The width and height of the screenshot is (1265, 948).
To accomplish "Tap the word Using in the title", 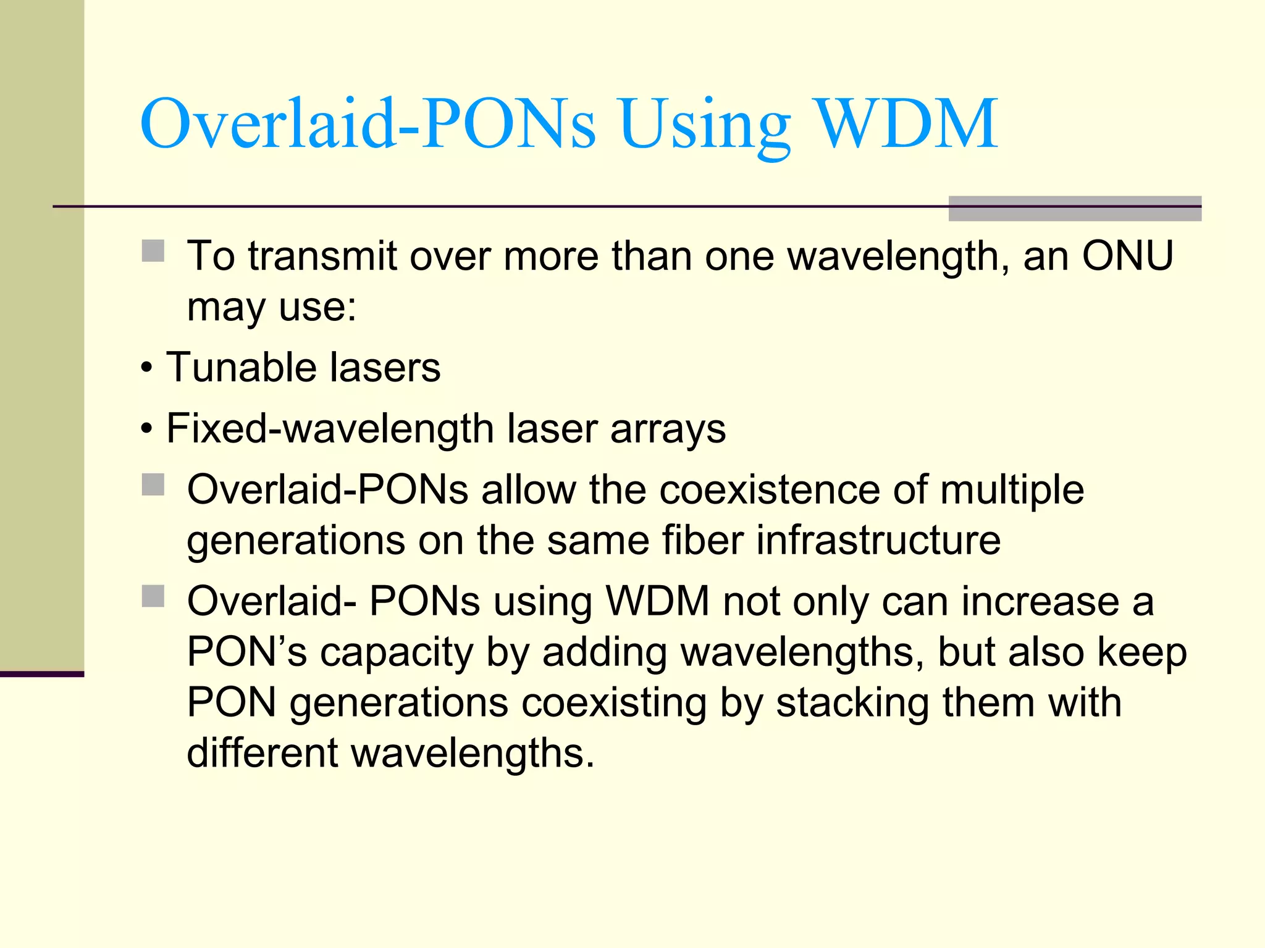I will click(x=704, y=127).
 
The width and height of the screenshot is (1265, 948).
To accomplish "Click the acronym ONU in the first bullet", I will click(x=1127, y=256).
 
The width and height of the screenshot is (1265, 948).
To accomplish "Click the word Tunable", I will click(x=241, y=367).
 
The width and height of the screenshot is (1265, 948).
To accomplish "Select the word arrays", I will click(x=668, y=430).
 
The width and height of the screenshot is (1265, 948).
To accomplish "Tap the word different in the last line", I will click(x=263, y=753).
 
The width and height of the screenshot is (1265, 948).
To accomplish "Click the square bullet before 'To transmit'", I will click(x=153, y=251).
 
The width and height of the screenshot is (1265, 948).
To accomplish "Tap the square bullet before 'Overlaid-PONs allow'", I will click(x=153, y=485).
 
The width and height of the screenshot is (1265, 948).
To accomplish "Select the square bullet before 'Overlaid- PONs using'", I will click(x=153, y=597).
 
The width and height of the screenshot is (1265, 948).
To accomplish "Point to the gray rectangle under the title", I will click(x=1075, y=208).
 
